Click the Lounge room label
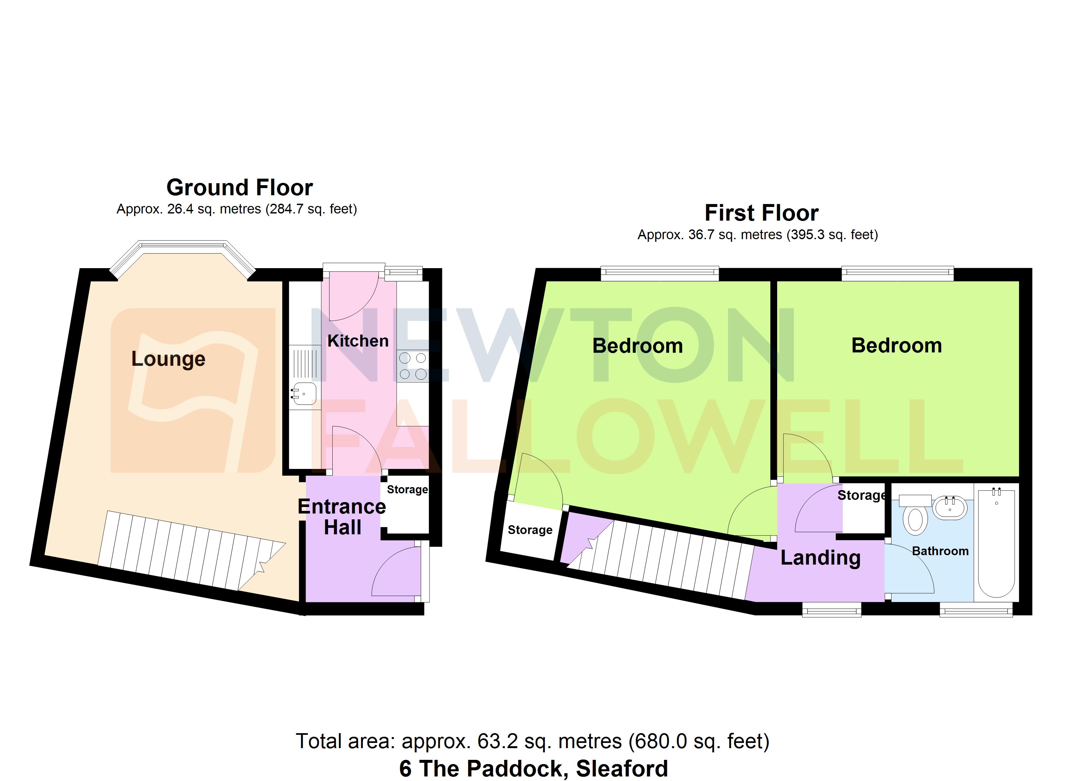(x=168, y=359)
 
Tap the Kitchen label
(x=358, y=341)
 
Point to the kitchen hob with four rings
(x=412, y=366)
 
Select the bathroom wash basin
(x=949, y=508)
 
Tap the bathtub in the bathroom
(x=996, y=543)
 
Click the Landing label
(x=820, y=557)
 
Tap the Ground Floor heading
(x=239, y=187)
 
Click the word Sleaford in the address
(x=622, y=768)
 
